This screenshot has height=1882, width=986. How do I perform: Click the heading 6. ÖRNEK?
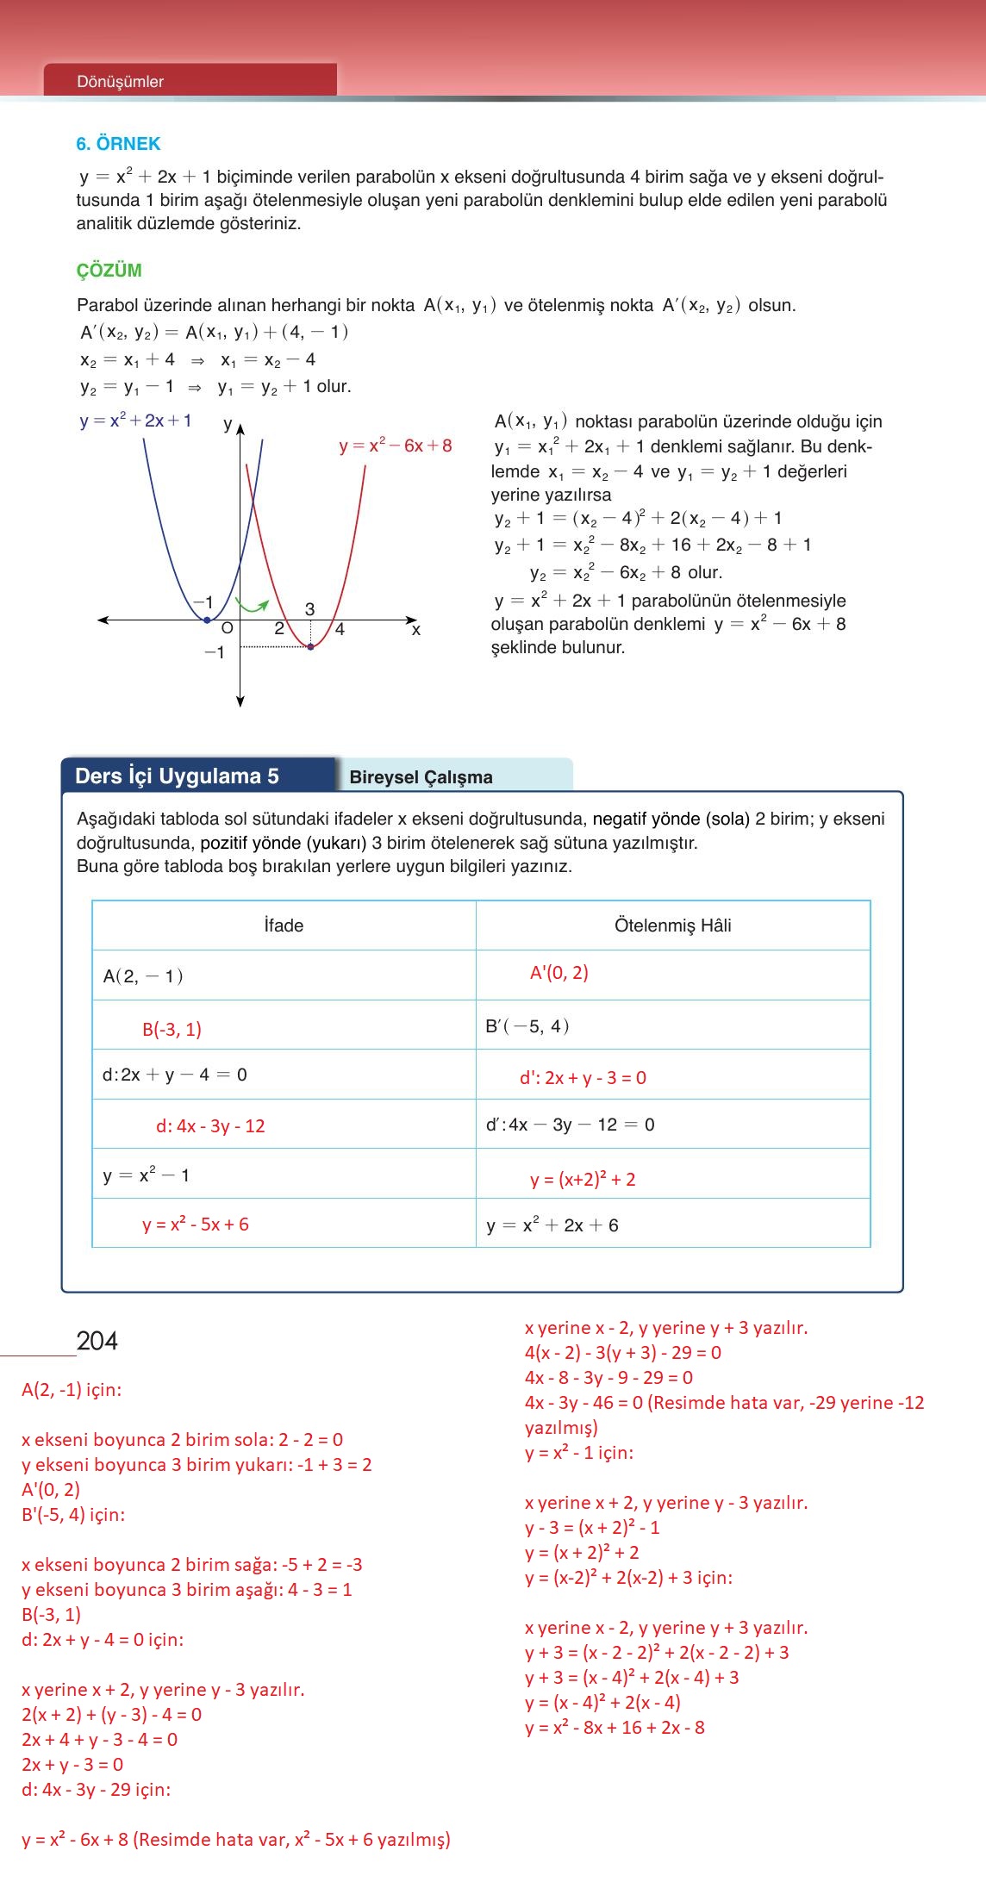[118, 144]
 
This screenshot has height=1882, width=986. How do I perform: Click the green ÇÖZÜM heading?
[109, 271]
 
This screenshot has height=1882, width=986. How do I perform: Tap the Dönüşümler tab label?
[120, 82]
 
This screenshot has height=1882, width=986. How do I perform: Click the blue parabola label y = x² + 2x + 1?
[135, 421]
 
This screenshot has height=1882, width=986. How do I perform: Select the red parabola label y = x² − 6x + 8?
[395, 446]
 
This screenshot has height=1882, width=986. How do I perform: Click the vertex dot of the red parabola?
[310, 646]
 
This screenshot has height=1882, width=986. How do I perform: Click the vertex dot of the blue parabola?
[206, 620]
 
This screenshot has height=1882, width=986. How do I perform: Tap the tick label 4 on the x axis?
[340, 630]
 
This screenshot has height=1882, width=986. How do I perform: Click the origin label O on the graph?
[227, 629]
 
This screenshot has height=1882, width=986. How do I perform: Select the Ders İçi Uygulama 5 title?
[177, 776]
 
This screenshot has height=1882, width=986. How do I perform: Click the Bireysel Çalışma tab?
[421, 777]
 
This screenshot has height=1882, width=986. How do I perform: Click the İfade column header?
[284, 925]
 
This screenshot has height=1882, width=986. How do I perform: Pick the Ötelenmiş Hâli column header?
[672, 925]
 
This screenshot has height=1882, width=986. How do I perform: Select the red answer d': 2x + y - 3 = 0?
[583, 1078]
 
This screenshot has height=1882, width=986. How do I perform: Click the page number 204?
[97, 1341]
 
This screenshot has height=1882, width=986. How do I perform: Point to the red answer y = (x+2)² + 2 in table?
[583, 1180]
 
